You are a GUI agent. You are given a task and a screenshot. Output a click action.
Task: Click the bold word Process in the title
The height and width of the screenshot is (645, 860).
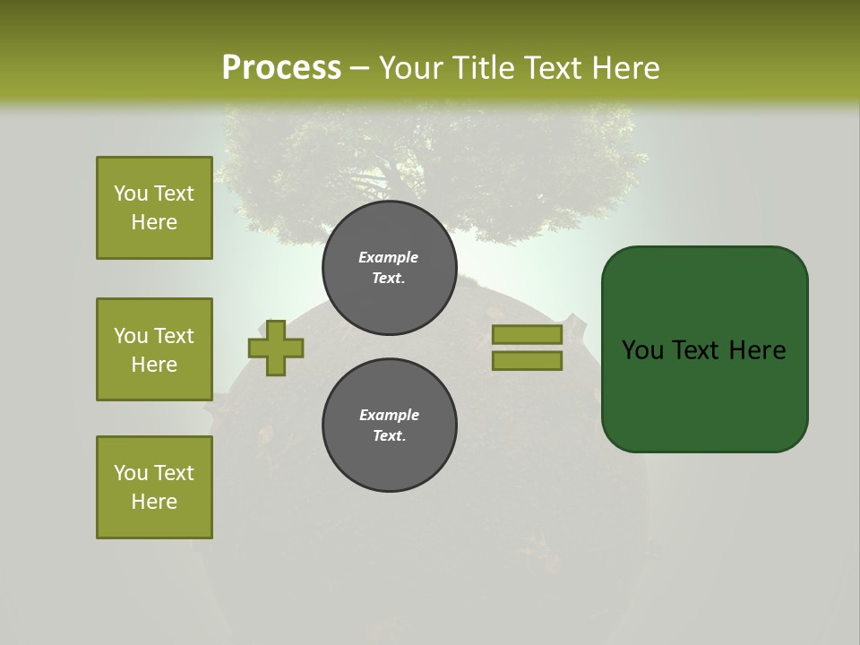(x=281, y=68)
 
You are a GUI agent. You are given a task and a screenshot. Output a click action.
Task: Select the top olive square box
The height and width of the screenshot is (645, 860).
(x=154, y=208)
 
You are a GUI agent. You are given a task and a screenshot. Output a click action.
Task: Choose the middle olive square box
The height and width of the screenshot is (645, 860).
(x=154, y=349)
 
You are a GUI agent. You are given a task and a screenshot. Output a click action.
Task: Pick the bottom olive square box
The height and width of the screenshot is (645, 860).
(x=154, y=487)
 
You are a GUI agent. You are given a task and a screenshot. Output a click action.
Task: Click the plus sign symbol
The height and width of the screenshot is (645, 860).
(x=276, y=348)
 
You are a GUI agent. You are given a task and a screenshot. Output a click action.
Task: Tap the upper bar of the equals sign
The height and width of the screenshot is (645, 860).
(x=527, y=334)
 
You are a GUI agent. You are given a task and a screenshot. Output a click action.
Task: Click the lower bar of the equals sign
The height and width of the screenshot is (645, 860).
(x=527, y=361)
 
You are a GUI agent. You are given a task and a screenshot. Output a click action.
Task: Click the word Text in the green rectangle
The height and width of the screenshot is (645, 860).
(x=702, y=350)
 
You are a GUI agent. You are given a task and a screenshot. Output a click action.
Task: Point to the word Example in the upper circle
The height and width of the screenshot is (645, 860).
(x=388, y=257)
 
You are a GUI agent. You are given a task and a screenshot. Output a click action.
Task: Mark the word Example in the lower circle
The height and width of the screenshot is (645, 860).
(x=389, y=415)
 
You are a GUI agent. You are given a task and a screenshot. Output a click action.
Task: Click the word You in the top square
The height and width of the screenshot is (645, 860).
(x=131, y=193)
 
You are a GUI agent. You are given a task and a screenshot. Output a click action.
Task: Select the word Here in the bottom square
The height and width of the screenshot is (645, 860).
(x=154, y=502)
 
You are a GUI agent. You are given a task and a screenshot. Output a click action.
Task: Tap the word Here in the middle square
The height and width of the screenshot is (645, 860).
(x=154, y=365)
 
